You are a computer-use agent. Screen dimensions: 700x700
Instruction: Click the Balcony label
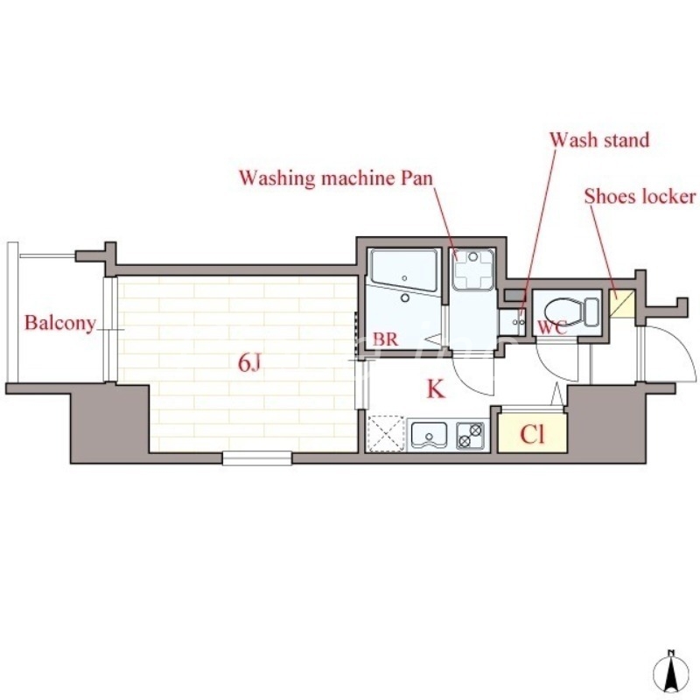(59, 323)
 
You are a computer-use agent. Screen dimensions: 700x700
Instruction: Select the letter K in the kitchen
(435, 389)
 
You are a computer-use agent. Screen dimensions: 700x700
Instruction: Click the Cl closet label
(531, 434)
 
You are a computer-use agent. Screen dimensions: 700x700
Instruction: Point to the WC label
(551, 328)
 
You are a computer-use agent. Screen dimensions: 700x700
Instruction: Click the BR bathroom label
(386, 339)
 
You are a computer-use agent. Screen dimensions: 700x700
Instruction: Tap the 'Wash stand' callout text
(599, 140)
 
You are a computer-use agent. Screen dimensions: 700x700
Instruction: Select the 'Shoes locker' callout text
(640, 196)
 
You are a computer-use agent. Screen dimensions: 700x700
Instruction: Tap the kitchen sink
(430, 434)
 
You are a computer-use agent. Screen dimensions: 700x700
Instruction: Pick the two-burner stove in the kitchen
(471, 434)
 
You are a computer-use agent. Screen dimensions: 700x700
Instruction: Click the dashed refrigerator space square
(386, 434)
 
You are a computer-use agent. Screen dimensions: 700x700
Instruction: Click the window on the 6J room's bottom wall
(256, 458)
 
